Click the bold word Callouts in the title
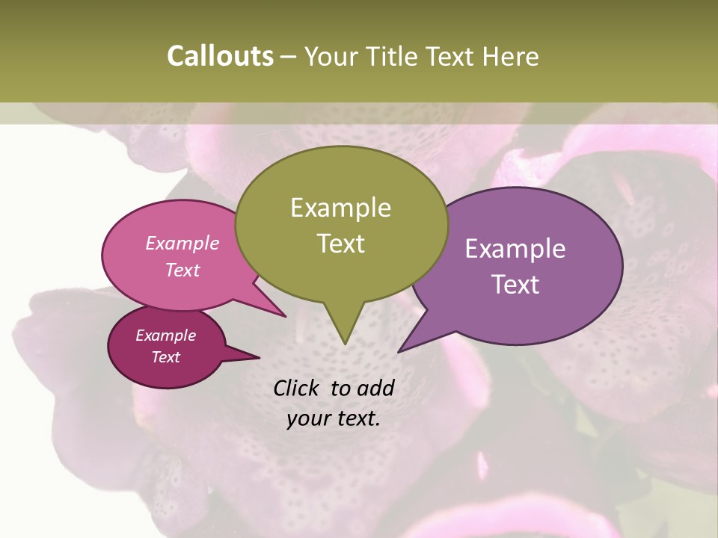pos(220,56)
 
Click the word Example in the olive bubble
pos(340,208)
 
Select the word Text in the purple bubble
pos(515,285)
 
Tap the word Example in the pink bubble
pos(182,244)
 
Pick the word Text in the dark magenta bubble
pos(166,357)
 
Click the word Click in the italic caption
pos(298,388)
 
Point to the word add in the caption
pos(375,388)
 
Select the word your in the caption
pos(309,419)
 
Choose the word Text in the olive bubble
pos(341,244)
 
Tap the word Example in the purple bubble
pos(515,249)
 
